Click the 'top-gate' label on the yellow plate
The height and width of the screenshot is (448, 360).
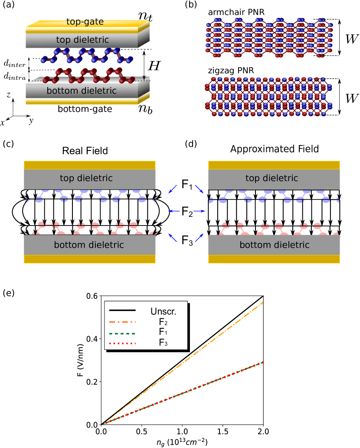pos(85,22)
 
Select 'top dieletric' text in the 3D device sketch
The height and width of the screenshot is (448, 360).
pos(82,40)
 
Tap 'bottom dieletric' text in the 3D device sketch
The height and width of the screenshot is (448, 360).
pos(82,91)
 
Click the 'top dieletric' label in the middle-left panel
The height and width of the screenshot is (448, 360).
pos(86,178)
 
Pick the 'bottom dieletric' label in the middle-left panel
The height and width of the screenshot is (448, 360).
pos(89,245)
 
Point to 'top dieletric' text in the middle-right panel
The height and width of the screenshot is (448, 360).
pos(272,178)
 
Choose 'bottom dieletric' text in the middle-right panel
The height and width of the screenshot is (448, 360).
pos(275,245)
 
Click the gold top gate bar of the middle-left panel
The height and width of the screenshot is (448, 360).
pos(89,165)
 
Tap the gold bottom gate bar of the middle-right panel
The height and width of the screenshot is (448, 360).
pos(274,259)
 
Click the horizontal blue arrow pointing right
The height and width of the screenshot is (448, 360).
pos(199,211)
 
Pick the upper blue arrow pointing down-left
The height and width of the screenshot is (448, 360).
pos(173,189)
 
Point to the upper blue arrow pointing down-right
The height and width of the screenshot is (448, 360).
pos(199,189)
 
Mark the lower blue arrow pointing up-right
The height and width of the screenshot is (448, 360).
pos(199,237)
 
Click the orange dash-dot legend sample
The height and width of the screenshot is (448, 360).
pos(122,322)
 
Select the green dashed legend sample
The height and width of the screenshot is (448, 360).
pos(122,334)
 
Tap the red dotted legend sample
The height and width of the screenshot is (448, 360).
pos(122,343)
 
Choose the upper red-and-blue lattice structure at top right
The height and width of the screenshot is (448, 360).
pos(269,38)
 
